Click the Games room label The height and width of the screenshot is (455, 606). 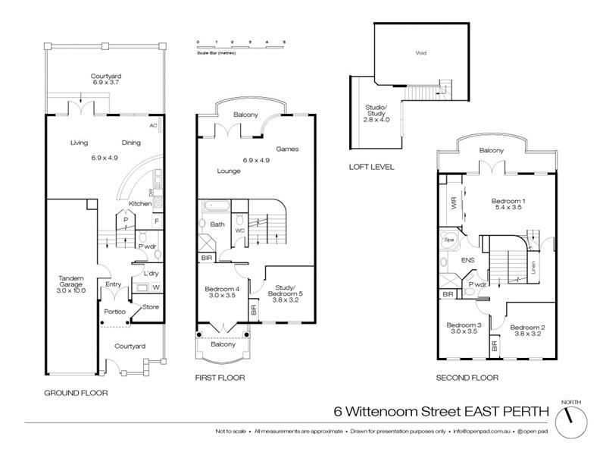(286, 149)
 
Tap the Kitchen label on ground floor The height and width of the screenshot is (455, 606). (139, 204)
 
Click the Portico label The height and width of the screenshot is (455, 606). (114, 312)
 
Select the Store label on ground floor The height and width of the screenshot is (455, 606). (150, 307)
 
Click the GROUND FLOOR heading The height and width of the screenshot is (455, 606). (76, 393)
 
